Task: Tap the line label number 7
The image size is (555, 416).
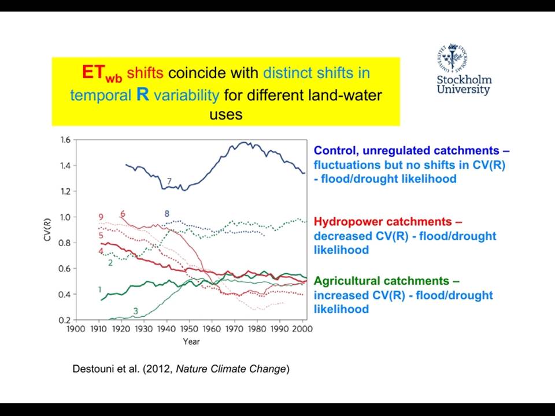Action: [x=169, y=181]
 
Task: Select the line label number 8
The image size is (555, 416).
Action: [x=166, y=214]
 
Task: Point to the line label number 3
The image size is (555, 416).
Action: [x=135, y=311]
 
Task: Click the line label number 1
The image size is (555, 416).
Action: [x=99, y=289]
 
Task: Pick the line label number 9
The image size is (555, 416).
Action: [x=101, y=217]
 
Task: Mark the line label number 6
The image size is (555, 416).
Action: [x=123, y=214]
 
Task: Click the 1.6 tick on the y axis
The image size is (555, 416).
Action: [x=66, y=140]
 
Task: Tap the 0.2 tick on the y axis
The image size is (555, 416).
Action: [x=66, y=320]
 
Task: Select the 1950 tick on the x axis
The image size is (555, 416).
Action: [x=189, y=329]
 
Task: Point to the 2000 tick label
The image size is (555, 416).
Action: [x=302, y=329]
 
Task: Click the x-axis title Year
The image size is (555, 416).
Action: [x=191, y=341]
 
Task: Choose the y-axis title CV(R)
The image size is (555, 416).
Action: [x=47, y=230]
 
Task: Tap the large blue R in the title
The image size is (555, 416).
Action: [x=143, y=95]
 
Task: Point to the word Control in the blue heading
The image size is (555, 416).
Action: [x=336, y=151]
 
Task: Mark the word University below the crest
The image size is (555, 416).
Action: [x=463, y=89]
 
